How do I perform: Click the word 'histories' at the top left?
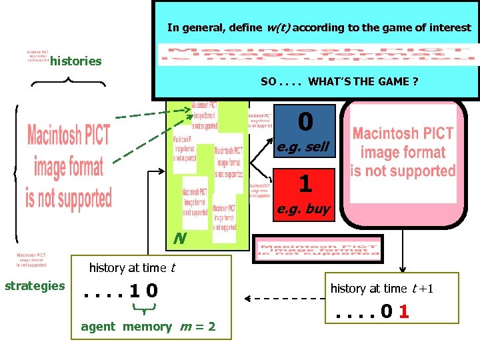[x=76, y=61]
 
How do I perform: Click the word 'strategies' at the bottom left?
[x=35, y=286]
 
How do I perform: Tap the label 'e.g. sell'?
[x=303, y=147]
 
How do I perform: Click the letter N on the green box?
[x=179, y=238]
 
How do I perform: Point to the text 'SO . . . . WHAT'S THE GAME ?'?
[x=339, y=81]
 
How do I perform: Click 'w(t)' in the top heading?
[x=278, y=28]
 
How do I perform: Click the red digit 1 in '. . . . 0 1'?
[x=404, y=312]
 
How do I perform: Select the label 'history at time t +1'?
[x=382, y=288]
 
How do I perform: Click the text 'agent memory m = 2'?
[x=148, y=327]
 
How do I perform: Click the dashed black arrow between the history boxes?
[x=283, y=298]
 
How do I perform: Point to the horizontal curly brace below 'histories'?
[x=69, y=83]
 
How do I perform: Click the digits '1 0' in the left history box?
[x=143, y=291]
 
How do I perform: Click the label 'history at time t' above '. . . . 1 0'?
[x=132, y=268]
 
